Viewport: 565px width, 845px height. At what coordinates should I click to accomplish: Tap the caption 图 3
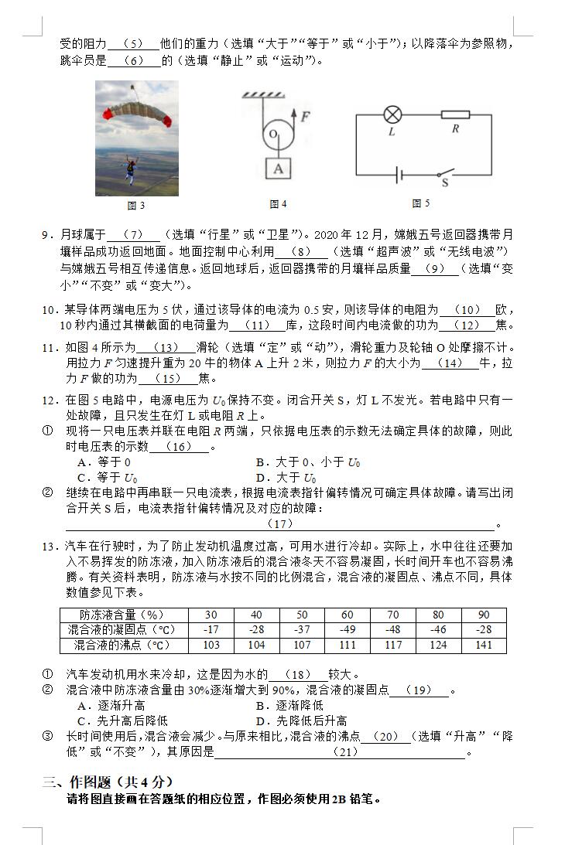136,206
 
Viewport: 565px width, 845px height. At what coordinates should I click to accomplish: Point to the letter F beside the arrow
306,117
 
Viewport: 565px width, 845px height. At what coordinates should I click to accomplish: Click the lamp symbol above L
392,115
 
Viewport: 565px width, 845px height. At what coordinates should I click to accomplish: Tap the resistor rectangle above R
455,115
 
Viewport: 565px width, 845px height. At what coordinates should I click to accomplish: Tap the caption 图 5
421,204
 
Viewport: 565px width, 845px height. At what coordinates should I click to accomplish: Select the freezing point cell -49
347,630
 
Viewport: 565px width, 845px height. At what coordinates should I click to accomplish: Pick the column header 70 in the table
392,615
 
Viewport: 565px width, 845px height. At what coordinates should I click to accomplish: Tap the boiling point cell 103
211,645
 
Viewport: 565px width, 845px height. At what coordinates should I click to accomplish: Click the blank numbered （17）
279,524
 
